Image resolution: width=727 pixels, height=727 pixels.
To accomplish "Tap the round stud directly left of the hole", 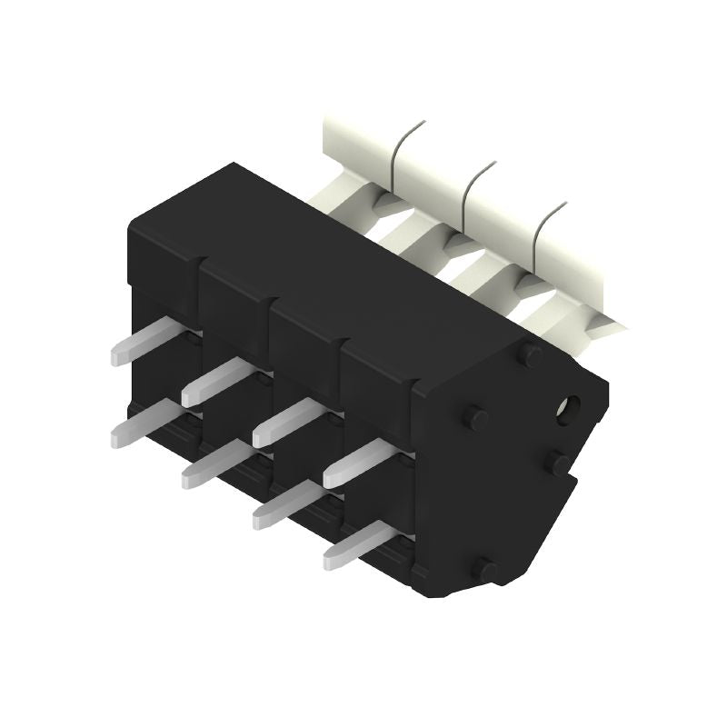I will click(474, 418).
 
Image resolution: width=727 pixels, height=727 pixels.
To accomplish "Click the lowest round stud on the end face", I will click(486, 570).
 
